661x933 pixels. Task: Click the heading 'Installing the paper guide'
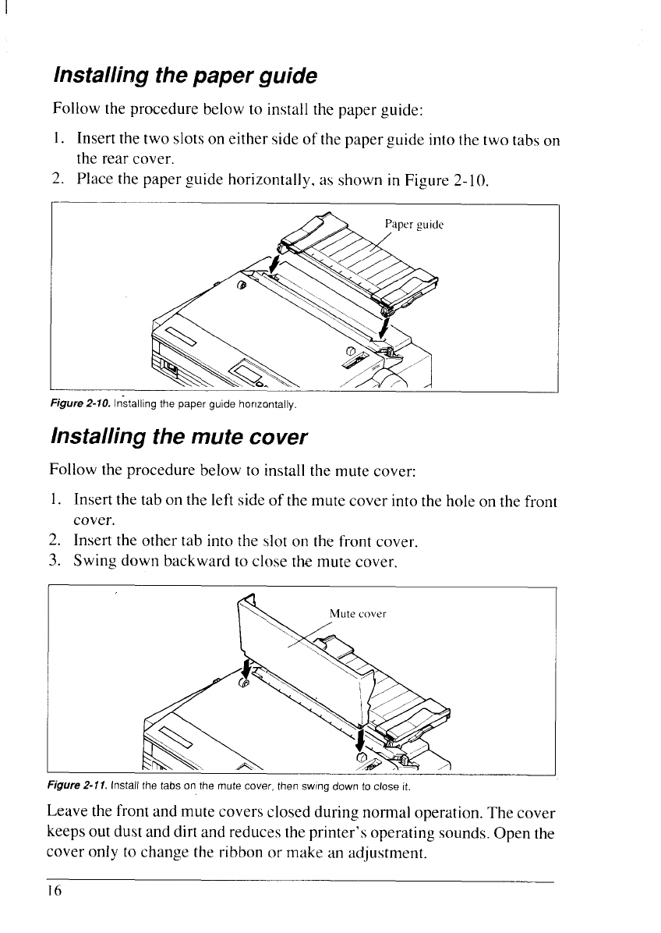click(185, 76)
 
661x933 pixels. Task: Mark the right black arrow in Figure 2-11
click(360, 737)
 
